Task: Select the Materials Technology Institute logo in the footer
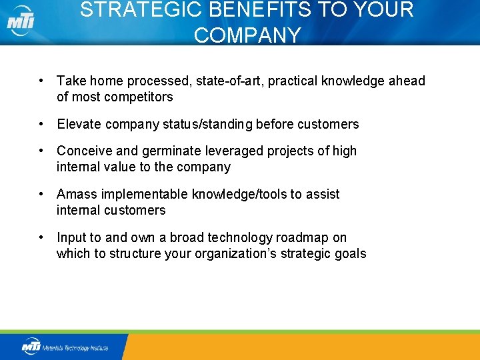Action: tap(65, 347)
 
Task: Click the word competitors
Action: tap(141, 97)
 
